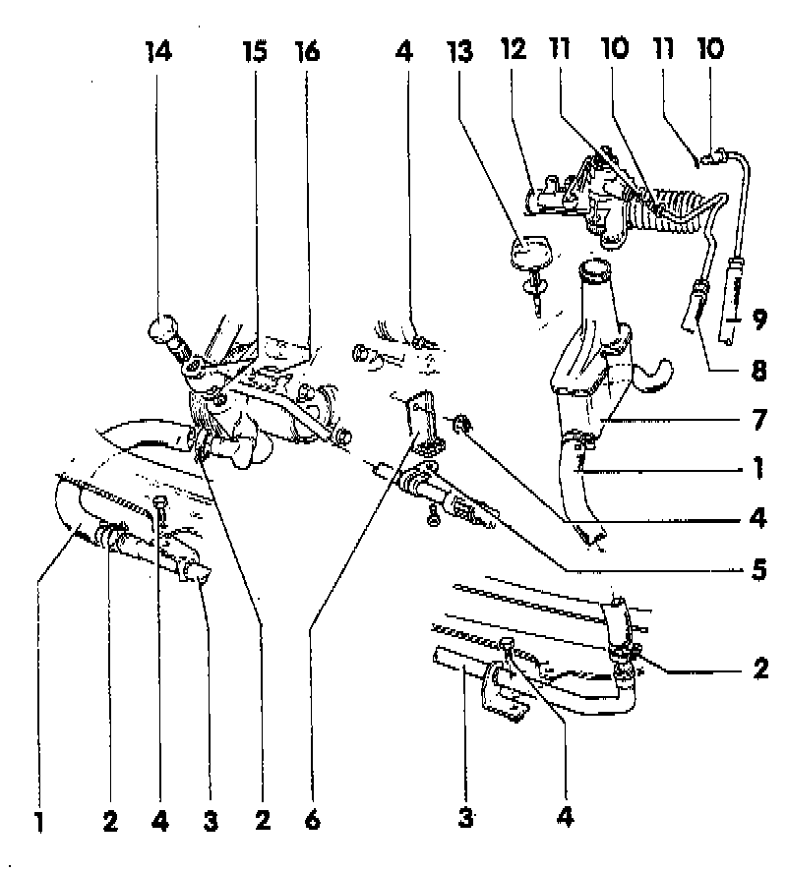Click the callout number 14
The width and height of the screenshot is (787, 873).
(158, 51)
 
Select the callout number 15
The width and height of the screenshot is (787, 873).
(255, 51)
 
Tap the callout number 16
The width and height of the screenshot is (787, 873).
(308, 51)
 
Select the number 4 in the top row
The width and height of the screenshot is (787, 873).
(405, 51)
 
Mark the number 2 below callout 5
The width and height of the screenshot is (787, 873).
(758, 669)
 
